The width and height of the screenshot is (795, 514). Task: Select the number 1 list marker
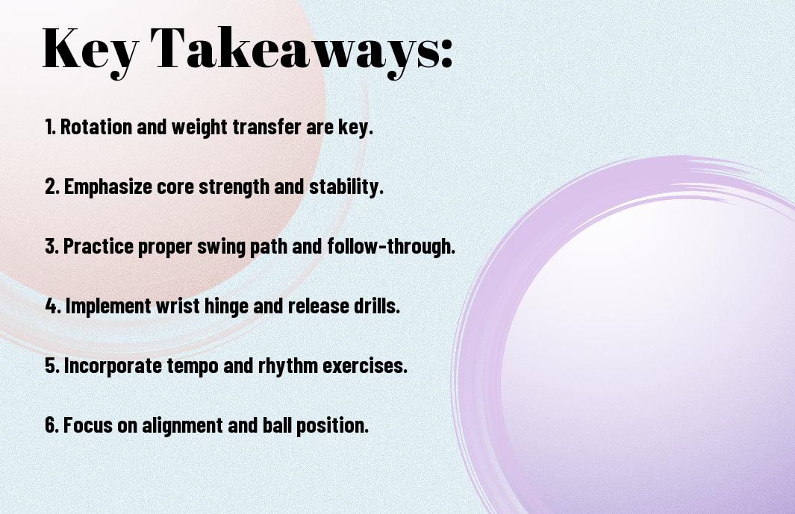coord(50,127)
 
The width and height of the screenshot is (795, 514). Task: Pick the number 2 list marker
coord(52,187)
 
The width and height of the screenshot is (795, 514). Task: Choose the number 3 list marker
coord(52,246)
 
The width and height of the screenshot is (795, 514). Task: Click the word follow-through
coord(391,246)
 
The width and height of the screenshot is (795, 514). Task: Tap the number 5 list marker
coord(52,366)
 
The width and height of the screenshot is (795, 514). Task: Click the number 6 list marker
coord(52,425)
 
